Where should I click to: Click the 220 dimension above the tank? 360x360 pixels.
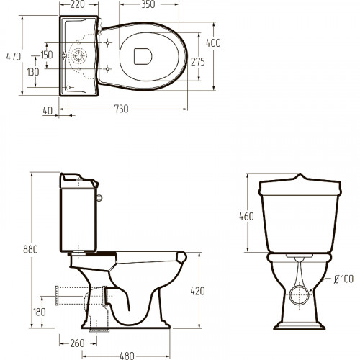click(78, 4)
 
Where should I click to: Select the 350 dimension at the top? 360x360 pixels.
click(148, 4)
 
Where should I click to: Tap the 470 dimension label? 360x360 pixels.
click(14, 57)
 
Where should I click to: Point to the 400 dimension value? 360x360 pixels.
click(213, 43)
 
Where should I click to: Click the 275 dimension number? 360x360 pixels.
click(198, 62)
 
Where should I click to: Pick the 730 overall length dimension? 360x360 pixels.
click(121, 109)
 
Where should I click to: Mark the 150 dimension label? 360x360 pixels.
click(47, 55)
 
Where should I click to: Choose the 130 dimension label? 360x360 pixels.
click(32, 72)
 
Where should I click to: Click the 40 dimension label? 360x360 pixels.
click(48, 111)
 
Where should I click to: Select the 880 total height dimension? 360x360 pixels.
click(30, 249)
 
